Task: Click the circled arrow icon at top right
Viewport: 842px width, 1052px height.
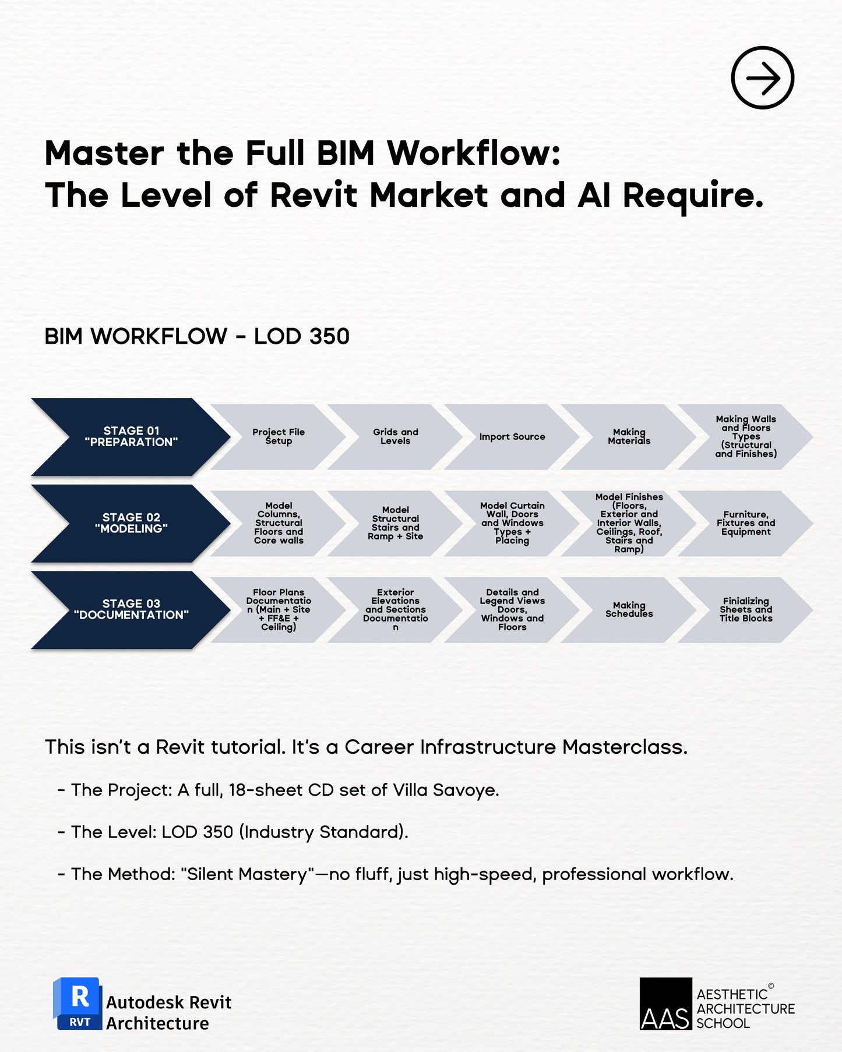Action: coord(762,77)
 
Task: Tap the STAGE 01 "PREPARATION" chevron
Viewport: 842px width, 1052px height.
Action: coord(131,437)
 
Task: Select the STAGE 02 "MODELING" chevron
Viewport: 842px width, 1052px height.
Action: coord(131,523)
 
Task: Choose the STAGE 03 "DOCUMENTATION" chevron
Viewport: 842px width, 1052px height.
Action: coord(131,609)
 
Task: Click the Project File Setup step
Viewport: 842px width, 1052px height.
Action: coord(279,437)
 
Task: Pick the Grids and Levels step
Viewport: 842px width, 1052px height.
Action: coord(396,437)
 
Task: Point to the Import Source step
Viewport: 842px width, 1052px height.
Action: coord(512,437)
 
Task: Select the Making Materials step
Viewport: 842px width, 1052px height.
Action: coord(629,437)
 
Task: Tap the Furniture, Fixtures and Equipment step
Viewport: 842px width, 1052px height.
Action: coord(746,523)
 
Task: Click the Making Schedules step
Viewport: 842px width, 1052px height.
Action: coord(629,610)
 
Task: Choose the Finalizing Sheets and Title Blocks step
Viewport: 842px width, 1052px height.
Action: coord(746,610)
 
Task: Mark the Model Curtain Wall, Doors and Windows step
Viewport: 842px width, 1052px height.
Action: coord(512,523)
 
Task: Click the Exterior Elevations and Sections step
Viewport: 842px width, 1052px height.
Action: coord(396,610)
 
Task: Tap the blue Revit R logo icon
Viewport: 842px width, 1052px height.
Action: coord(78,1003)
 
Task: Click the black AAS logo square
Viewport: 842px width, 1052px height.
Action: coord(665,1004)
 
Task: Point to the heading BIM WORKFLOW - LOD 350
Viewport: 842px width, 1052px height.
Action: coord(197,337)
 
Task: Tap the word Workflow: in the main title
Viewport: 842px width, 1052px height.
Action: coord(474,153)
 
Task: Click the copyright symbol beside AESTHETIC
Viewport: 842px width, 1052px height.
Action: coord(771,986)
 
